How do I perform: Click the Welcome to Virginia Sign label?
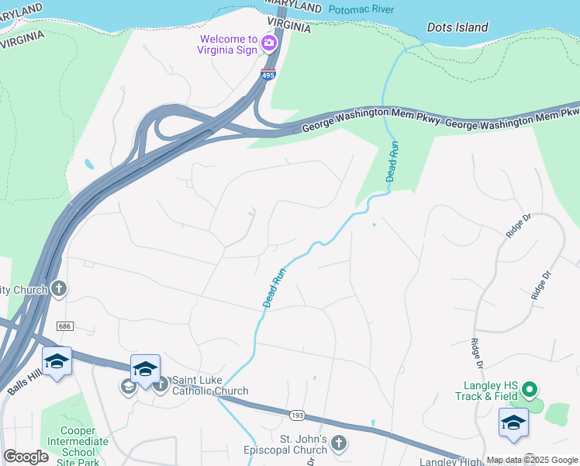(228, 45)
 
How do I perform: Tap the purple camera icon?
(270, 43)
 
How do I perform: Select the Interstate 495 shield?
(268, 75)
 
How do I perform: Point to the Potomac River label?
(361, 10)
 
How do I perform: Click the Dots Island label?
(457, 27)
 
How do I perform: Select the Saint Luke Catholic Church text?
(209, 385)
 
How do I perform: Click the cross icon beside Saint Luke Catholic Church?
(161, 384)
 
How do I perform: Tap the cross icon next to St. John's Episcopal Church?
(337, 443)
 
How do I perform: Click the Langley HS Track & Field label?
(490, 391)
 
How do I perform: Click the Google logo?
(26, 457)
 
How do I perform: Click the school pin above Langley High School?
(513, 424)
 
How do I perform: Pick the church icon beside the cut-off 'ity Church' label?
(58, 290)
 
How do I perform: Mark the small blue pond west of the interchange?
(90, 165)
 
